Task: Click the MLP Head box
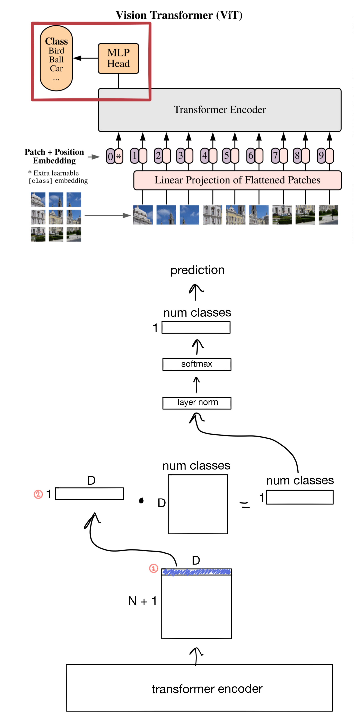click(118, 58)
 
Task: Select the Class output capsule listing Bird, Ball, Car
click(56, 58)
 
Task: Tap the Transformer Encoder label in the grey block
click(220, 110)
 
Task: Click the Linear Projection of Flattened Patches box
click(237, 180)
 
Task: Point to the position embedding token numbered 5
click(227, 156)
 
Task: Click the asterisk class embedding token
click(119, 157)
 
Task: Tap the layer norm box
click(197, 403)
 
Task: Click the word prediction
click(197, 270)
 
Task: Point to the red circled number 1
click(153, 568)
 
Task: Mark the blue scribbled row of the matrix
click(196, 572)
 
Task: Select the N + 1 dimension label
click(142, 601)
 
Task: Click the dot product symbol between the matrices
click(141, 500)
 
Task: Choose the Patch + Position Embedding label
click(54, 156)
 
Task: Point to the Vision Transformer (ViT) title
click(179, 15)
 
